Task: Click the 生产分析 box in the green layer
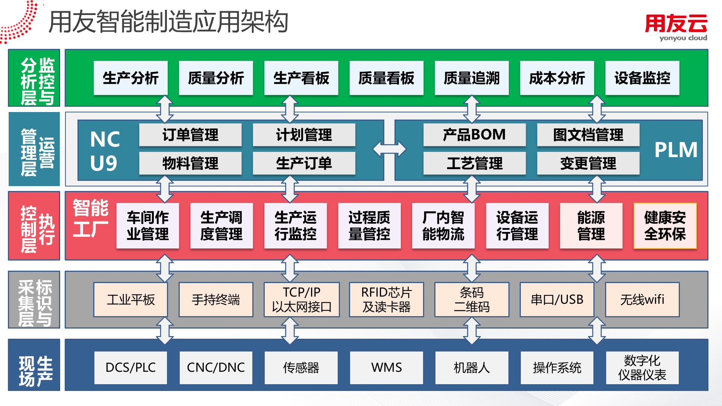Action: tap(130, 78)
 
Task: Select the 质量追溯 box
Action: tap(472, 78)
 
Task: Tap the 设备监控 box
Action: tap(642, 78)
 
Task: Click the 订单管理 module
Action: tap(190, 135)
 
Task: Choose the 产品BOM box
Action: tap(474, 135)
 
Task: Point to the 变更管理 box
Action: tap(588, 163)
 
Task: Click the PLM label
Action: tap(676, 150)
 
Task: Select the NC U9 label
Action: tap(105, 150)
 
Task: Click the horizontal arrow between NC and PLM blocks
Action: tap(389, 149)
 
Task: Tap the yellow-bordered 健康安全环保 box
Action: tap(665, 226)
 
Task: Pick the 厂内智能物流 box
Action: tap(443, 226)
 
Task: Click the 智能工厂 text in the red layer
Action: tap(91, 218)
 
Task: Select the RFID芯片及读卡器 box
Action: tap(386, 300)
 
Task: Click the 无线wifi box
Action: tap(642, 300)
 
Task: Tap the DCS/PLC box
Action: tap(130, 367)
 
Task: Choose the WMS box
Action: tap(386, 367)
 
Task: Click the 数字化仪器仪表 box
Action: tap(642, 367)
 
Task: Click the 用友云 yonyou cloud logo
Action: tap(676, 27)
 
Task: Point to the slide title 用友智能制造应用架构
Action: tap(168, 22)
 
